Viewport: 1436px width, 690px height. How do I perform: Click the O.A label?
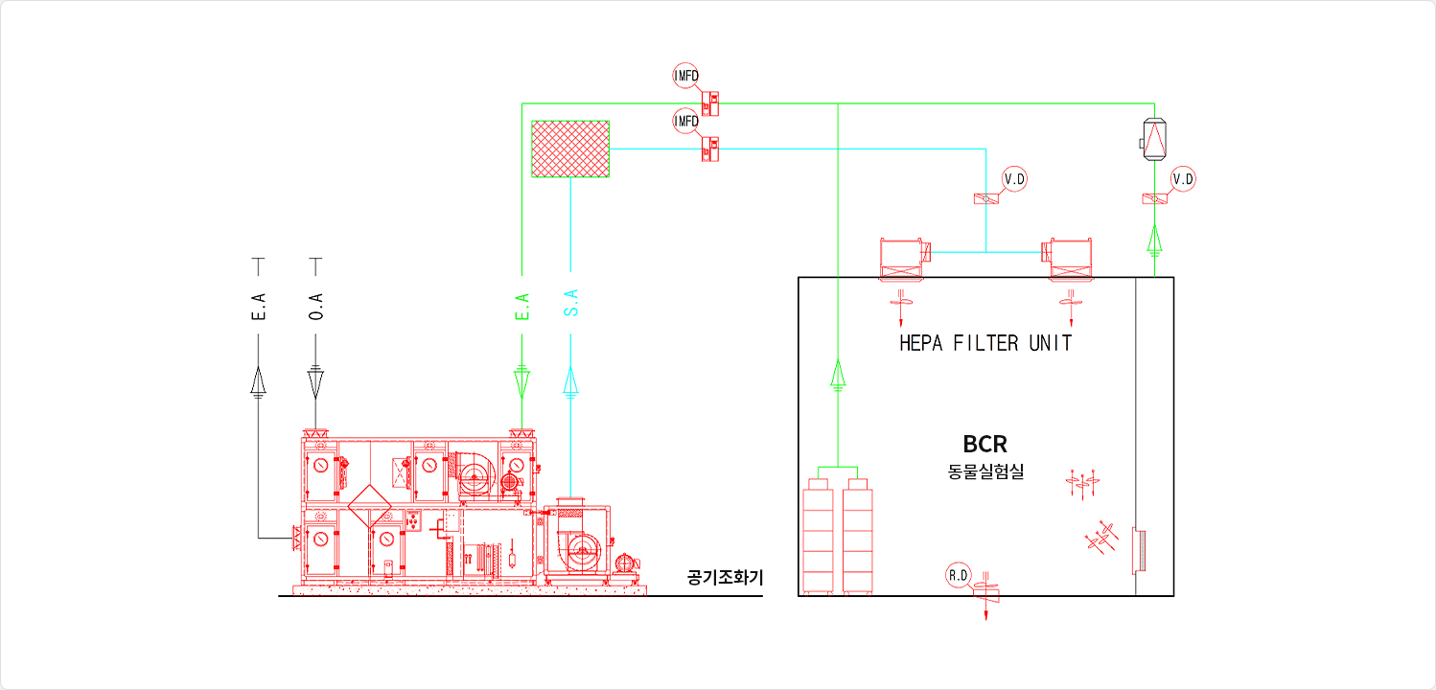[316, 307]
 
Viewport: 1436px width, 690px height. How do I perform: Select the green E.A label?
[522, 307]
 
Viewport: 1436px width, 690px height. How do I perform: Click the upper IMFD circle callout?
[686, 76]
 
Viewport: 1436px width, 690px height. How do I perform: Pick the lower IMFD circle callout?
[686, 121]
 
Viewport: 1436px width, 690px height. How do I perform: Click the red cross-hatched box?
[570, 149]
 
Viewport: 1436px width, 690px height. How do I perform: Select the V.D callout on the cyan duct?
[1015, 178]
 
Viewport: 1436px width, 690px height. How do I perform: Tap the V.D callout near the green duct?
[1184, 178]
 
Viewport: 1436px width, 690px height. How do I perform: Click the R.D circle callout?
[959, 575]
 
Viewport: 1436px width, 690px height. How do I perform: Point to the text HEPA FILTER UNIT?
[985, 343]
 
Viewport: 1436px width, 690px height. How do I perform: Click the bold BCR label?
[985, 445]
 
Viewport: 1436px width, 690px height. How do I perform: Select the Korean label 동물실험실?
[985, 471]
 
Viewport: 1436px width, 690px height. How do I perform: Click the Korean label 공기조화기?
[726, 578]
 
